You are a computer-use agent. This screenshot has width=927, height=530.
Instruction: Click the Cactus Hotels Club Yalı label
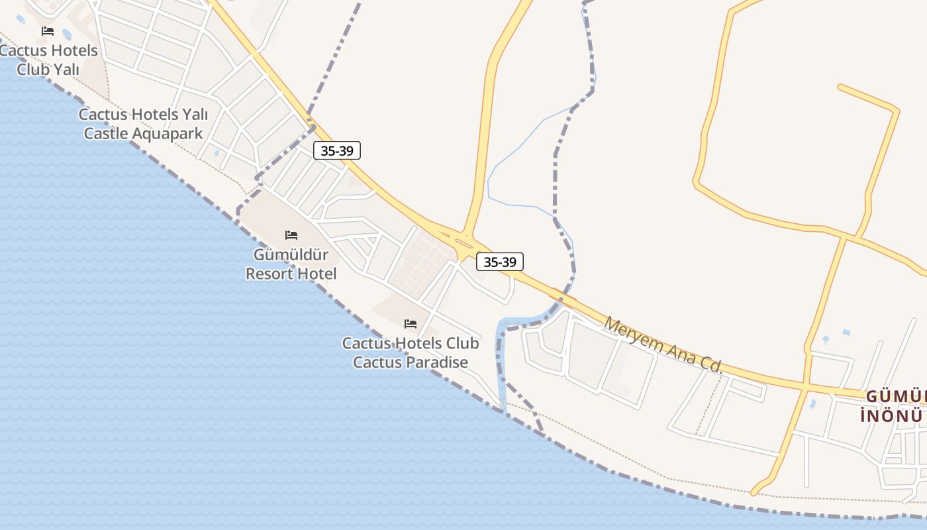(49, 60)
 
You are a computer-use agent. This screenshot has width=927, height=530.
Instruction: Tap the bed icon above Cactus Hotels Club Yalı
(48, 31)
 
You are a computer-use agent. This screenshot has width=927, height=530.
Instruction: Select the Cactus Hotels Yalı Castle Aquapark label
(143, 124)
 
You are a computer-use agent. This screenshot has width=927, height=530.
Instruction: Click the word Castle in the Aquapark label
(106, 133)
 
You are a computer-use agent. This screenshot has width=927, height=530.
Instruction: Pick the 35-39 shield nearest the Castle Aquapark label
(337, 150)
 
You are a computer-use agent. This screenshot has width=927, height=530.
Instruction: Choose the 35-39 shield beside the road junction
(500, 262)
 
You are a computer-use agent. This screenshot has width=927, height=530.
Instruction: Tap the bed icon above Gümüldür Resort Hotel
(291, 235)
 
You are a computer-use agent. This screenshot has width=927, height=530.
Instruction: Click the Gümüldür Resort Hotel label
(291, 264)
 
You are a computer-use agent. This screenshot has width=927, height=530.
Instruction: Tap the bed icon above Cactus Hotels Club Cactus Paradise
(411, 324)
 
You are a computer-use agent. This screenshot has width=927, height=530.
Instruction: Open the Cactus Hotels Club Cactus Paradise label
(411, 353)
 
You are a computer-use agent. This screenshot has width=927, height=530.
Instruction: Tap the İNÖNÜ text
(891, 416)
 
